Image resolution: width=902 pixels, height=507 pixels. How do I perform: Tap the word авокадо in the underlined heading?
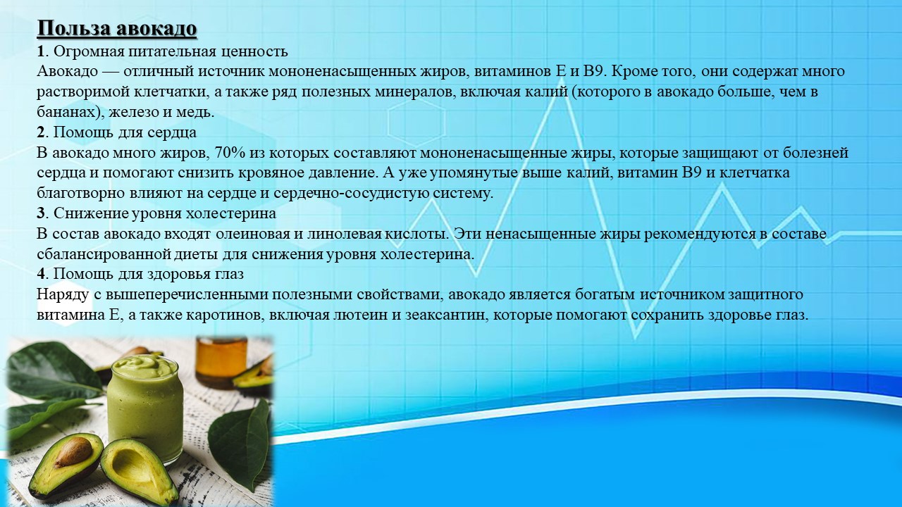(156, 29)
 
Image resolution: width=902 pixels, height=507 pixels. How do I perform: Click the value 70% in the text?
(230, 153)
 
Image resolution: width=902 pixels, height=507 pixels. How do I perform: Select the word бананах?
(68, 112)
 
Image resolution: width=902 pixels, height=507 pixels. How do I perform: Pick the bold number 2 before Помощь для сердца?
(40, 132)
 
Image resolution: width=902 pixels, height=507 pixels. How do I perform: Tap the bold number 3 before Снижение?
(40, 213)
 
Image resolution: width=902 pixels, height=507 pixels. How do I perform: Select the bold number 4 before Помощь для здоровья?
(40, 274)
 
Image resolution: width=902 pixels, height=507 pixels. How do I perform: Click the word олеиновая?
(254, 234)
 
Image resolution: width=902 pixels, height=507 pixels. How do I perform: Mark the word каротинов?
(221, 315)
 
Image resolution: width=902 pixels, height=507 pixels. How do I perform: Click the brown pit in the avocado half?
(73, 452)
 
